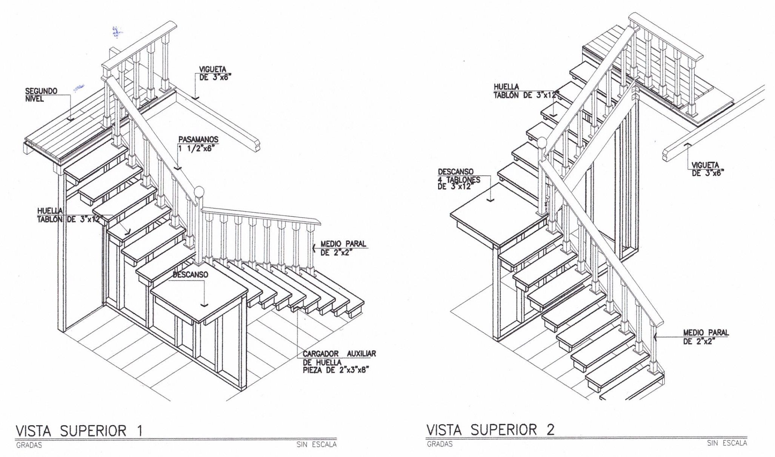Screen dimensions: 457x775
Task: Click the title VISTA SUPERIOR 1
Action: click(79, 430)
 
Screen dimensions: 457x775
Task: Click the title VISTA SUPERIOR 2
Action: click(491, 429)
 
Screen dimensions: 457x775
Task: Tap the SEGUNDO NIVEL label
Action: click(41, 95)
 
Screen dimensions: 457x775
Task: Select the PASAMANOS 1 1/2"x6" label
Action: click(198, 144)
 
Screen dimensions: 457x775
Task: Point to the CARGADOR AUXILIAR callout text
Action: click(339, 362)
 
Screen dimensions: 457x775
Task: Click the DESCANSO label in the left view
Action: click(190, 275)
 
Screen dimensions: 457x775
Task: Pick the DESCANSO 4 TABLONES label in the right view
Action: click(459, 179)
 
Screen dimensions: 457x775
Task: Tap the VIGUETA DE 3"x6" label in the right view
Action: click(705, 169)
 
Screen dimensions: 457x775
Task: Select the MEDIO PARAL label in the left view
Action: click(343, 248)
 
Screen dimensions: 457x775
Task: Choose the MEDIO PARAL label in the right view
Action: click(706, 337)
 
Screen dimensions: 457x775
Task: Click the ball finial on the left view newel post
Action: click(199, 191)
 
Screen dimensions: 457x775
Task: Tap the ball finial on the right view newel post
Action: click(542, 143)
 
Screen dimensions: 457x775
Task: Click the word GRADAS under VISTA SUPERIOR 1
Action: click(29, 445)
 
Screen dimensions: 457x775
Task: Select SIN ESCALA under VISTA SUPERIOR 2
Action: click(727, 443)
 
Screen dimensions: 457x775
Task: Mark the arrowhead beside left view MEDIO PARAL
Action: click(314, 248)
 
